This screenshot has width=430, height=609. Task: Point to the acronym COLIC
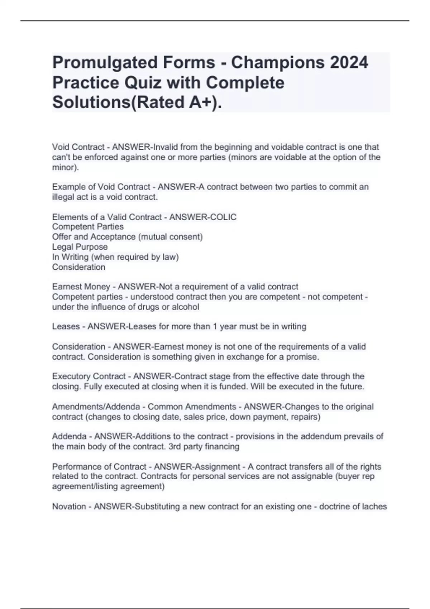223,217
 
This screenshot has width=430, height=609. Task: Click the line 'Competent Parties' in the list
88,227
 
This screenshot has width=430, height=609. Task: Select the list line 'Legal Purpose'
80,247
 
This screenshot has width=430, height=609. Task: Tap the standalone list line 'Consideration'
79,267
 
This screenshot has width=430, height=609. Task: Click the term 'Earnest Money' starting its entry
81,287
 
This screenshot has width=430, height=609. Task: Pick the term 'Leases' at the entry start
66,327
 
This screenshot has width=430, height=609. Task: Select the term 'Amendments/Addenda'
96,407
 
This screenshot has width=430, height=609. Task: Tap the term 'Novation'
69,507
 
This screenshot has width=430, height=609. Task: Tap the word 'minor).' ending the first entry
66,167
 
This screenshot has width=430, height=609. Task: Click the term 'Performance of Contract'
99,467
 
